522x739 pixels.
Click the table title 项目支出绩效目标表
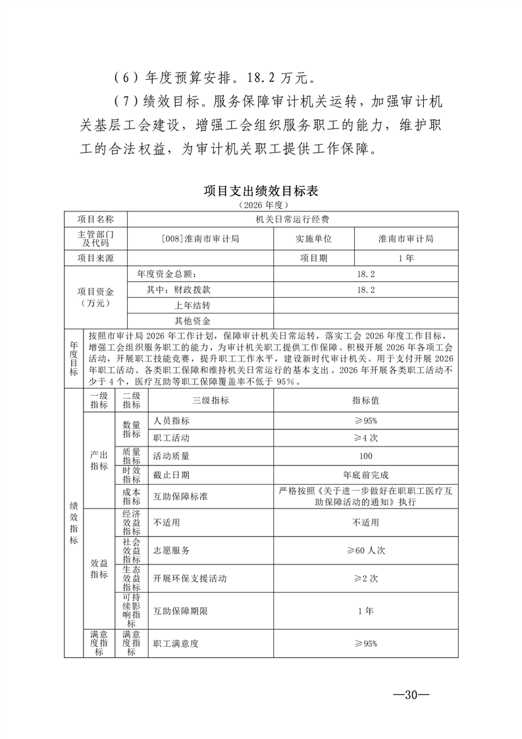[x=261, y=192]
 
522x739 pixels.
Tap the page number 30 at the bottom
[x=411, y=695]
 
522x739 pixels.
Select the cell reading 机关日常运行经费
[x=293, y=219]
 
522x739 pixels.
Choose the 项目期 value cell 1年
[x=406, y=258]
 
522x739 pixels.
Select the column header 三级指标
[x=211, y=400]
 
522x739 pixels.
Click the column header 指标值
[x=365, y=400]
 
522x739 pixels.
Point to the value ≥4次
[x=365, y=438]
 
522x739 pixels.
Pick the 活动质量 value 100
[x=365, y=456]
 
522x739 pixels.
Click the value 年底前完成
[x=365, y=474]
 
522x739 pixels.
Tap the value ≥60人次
[x=365, y=551]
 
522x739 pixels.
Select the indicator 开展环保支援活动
[x=190, y=578]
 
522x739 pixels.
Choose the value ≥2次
[x=365, y=578]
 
